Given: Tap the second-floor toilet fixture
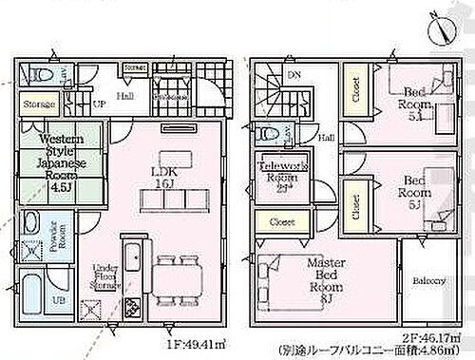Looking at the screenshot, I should coord(270,134).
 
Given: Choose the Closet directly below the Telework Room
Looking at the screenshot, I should coord(278,222).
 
